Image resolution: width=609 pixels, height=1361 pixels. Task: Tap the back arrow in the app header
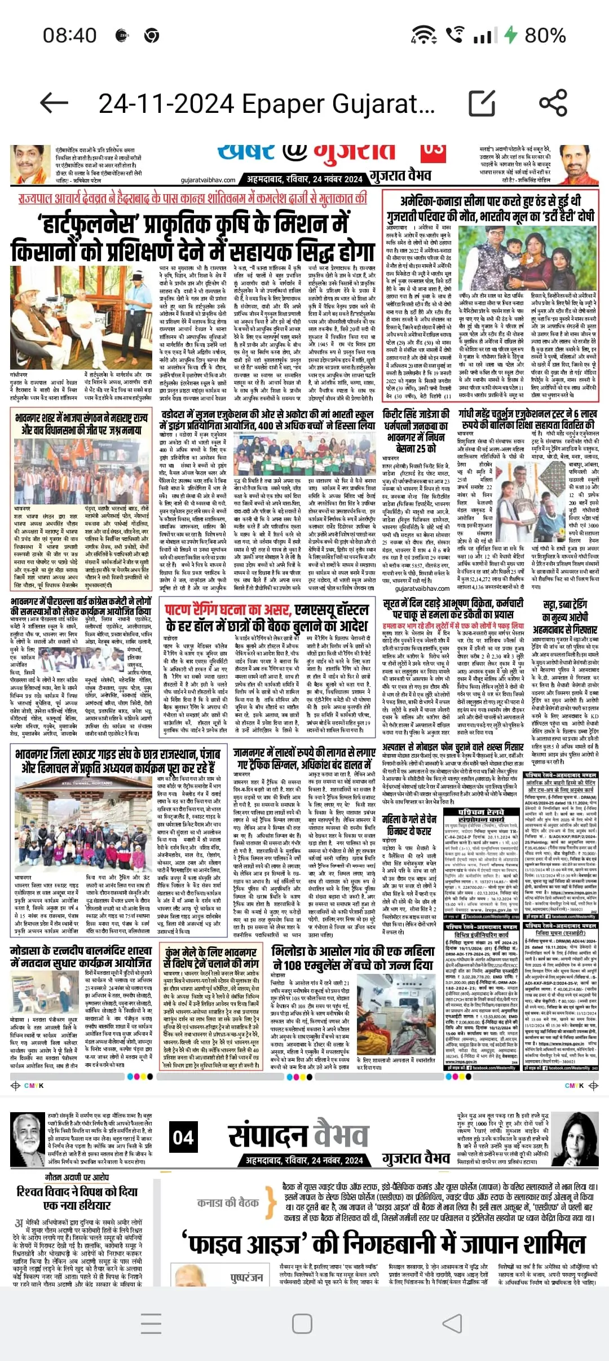pos(55,103)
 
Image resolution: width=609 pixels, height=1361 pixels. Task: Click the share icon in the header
pos(553,103)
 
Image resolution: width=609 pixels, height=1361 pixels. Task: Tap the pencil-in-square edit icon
pos(482,103)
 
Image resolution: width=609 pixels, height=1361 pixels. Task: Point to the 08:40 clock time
pos(70,35)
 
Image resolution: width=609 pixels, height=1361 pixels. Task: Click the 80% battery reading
pos(545,35)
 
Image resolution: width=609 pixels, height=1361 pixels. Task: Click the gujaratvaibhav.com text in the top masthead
pos(208,180)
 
